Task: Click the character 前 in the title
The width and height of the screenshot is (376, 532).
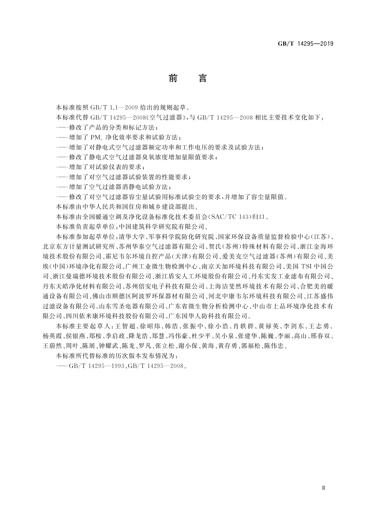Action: pyautogui.click(x=173, y=78)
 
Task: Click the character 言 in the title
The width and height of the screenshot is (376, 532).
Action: pyautogui.click(x=202, y=78)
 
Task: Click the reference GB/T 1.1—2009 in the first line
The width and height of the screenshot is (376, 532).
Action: pyautogui.click(x=108, y=107)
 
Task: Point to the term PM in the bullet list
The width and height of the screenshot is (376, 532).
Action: pyautogui.click(x=95, y=138)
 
